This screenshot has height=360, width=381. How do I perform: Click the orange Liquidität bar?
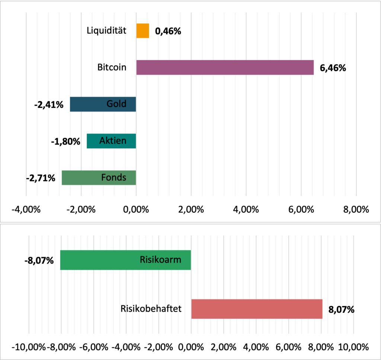coord(143,31)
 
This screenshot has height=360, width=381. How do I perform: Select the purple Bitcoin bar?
coord(225,68)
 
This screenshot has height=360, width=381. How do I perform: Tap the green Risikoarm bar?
coord(125,260)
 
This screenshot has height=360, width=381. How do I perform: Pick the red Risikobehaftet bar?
coord(257,309)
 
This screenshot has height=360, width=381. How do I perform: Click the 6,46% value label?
coord(333,68)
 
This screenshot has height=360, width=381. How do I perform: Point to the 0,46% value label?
coord(168,31)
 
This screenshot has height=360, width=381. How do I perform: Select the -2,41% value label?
coord(49,105)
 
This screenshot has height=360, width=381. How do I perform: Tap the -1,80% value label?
coord(65,141)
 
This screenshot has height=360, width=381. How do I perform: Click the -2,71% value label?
coord(41,178)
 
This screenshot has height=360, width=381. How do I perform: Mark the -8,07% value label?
coord(39,260)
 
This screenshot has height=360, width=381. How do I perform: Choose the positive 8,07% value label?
coord(341,309)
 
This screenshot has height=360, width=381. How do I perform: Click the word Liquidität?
coord(106,30)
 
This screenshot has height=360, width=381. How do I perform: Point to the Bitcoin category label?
coord(112,68)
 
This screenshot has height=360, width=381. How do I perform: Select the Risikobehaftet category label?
coord(151,309)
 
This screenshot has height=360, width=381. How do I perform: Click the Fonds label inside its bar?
coord(113,177)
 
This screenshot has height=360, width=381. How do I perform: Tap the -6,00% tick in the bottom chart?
coord(94,347)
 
